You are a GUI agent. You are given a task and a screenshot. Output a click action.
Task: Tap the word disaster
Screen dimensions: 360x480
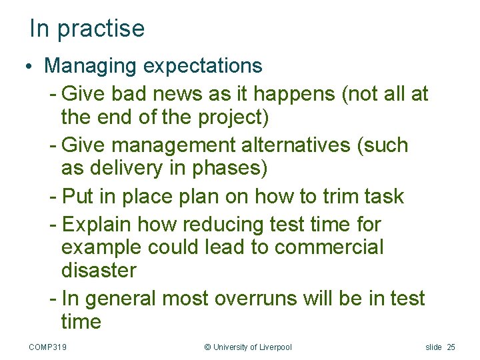[99, 271]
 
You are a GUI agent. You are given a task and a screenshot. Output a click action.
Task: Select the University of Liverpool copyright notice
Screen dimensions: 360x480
[247, 347]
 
